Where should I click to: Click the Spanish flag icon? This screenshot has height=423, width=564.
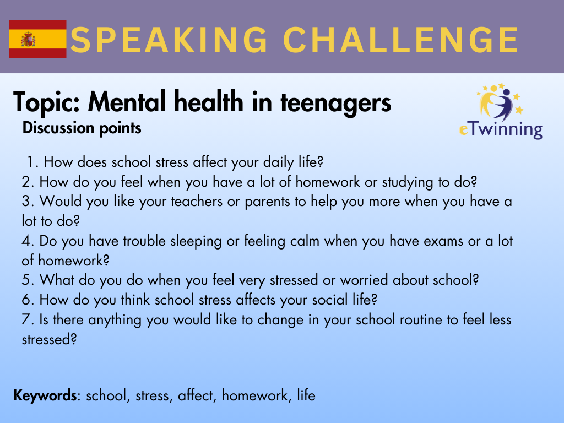pyautogui.click(x=38, y=39)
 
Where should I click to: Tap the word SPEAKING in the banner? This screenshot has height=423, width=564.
pyautogui.click(x=169, y=40)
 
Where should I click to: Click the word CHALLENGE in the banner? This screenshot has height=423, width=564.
pyautogui.click(x=401, y=40)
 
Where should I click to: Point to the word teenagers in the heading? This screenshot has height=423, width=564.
pyautogui.click(x=335, y=103)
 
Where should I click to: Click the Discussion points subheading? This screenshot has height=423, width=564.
pyautogui.click(x=82, y=128)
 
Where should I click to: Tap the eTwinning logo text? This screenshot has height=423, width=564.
pyautogui.click(x=501, y=129)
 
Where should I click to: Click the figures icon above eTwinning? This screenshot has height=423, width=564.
pyautogui.click(x=500, y=102)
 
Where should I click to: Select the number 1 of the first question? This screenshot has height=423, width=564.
pyautogui.click(x=31, y=162)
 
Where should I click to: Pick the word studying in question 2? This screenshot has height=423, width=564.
pyautogui.click(x=408, y=182)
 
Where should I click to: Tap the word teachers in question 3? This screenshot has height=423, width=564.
pyautogui.click(x=197, y=202)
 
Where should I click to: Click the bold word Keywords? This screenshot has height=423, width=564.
pyautogui.click(x=45, y=395)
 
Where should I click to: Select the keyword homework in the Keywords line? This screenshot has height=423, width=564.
pyautogui.click(x=255, y=395)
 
